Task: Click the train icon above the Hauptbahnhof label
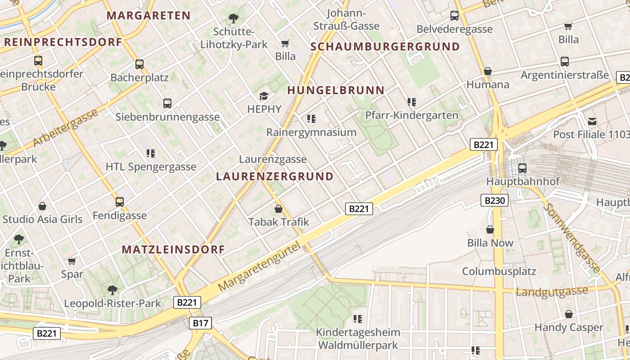pos(522,168)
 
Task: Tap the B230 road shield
pos(495,200)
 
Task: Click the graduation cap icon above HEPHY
pos(264,96)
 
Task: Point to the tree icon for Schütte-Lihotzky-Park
pos(233,18)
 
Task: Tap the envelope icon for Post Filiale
pos(592,121)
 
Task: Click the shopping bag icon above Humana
pos(487,71)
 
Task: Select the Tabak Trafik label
pos(279,222)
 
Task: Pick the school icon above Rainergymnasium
pos(311,119)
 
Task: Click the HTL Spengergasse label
pos(151,167)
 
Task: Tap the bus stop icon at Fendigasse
pos(119,202)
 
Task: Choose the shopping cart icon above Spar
pos(72,261)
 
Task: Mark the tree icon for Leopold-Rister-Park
pos(112,290)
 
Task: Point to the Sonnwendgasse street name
pos(571,238)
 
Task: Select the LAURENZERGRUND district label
pos(274,176)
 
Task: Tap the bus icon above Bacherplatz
pos(139,64)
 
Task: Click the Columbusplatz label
pos(499,271)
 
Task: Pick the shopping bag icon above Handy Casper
pos(569,314)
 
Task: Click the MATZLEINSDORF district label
pos(173,249)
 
